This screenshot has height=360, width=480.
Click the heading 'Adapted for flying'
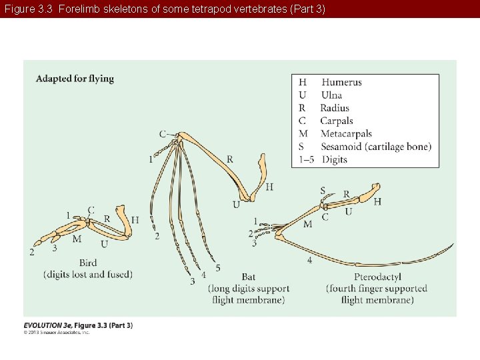coord(75,79)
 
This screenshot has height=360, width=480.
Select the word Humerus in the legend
coord(341,83)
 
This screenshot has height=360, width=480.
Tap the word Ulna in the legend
coord(331,95)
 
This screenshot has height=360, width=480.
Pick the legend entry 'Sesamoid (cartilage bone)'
coord(375,147)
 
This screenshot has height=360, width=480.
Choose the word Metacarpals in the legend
coord(346,134)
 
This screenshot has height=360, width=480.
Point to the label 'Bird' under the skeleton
coord(88,263)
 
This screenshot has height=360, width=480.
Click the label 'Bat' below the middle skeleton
coord(248,277)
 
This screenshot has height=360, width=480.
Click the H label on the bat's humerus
coord(269,187)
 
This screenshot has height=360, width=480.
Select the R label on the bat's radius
coord(230,159)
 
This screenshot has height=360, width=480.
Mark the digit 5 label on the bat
coord(218,269)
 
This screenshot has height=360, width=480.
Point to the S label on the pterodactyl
coord(323,191)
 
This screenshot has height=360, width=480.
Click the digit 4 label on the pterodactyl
coord(309,260)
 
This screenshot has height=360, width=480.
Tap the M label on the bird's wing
coord(77,239)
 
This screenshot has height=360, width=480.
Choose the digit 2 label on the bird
coord(31,252)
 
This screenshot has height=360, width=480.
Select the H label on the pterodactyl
coord(377,201)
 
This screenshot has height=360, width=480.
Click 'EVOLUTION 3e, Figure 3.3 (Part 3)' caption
coord(78,325)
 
